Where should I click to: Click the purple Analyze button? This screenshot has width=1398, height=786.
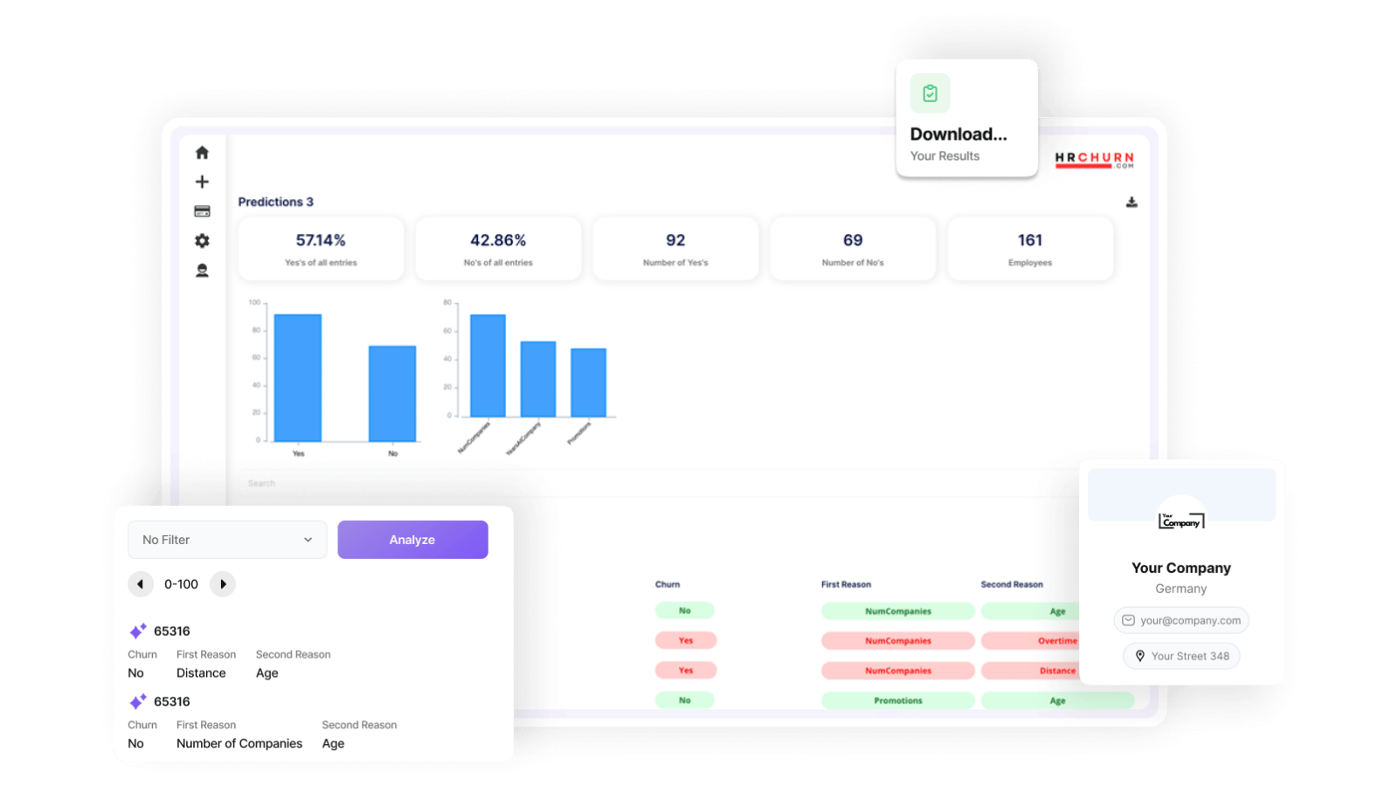pos(412,540)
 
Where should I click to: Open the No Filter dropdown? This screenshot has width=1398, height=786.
pos(227,540)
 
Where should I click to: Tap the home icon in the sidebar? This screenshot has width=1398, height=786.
pos(202,153)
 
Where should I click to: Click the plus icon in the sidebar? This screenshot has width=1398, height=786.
pos(202,182)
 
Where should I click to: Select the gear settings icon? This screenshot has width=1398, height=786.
pos(202,241)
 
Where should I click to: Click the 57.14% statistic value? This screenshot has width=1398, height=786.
pos(321,240)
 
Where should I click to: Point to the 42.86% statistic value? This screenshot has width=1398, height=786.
pos(498,240)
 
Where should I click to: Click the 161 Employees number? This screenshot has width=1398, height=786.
pos(1030,240)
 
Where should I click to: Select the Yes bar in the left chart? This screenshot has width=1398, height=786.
pos(298,377)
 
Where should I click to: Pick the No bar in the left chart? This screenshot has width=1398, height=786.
pos(392,393)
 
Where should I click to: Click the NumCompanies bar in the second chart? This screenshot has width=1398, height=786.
pos(488,365)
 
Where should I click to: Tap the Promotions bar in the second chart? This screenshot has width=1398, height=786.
pos(588,383)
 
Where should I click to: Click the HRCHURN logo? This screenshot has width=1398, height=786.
pos(1094,160)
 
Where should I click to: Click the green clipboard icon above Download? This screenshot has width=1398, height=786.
pos(930,93)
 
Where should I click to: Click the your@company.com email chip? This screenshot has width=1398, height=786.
pos(1181,620)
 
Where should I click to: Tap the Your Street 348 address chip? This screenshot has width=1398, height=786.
pos(1181,656)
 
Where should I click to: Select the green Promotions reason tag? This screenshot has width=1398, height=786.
pos(897,700)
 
